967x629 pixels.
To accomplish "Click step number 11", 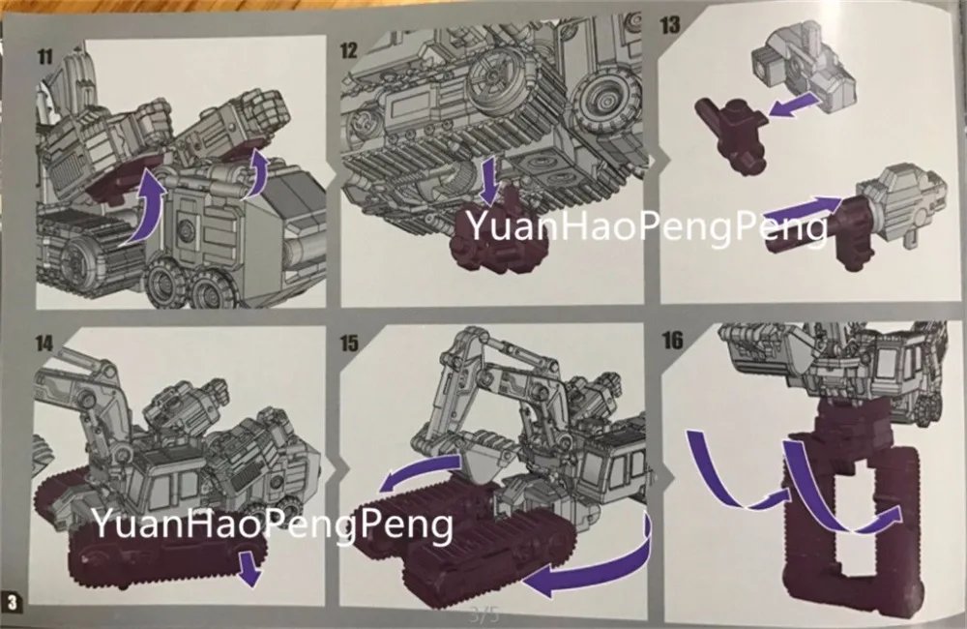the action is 45,57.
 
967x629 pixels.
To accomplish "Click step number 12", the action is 349,50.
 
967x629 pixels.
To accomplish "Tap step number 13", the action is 670,25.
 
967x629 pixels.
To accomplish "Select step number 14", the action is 44,344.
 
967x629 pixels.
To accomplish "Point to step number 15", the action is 349,343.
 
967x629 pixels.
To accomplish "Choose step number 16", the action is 672,340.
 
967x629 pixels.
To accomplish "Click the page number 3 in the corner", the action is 13,602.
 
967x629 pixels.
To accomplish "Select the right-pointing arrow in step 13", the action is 804,213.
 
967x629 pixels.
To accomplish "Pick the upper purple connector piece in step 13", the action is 732,132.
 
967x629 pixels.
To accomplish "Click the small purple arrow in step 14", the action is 249,568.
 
